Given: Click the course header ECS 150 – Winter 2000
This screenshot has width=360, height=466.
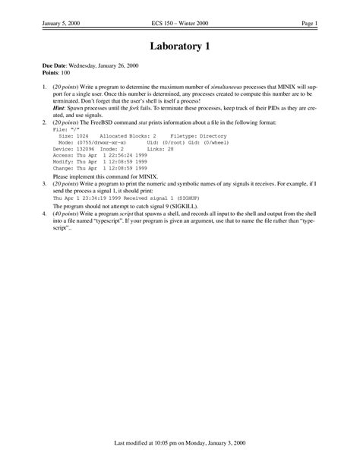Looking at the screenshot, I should tap(179, 24).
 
